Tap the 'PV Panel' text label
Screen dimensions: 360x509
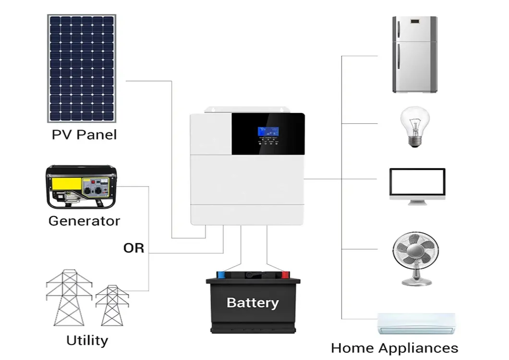pos(84,134)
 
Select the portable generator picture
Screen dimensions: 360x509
pos(81,187)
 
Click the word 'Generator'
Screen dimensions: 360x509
pos(84,221)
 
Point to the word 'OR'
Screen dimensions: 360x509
pos(133,248)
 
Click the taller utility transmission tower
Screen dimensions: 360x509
pos(69,298)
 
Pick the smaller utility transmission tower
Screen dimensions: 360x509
pos(112,305)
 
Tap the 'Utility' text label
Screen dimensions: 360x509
pos(87,340)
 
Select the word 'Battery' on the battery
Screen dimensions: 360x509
pos(252,303)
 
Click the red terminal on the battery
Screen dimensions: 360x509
pos(285,275)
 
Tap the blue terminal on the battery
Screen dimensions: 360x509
pos(221,275)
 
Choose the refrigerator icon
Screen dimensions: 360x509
pos(414,54)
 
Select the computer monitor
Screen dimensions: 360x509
pos(417,186)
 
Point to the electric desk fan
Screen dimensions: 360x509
pos(415,258)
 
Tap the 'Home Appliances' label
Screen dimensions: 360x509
pos(394,348)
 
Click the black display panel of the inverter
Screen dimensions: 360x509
pos(268,133)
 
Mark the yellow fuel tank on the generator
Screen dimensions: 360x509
pos(64,184)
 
